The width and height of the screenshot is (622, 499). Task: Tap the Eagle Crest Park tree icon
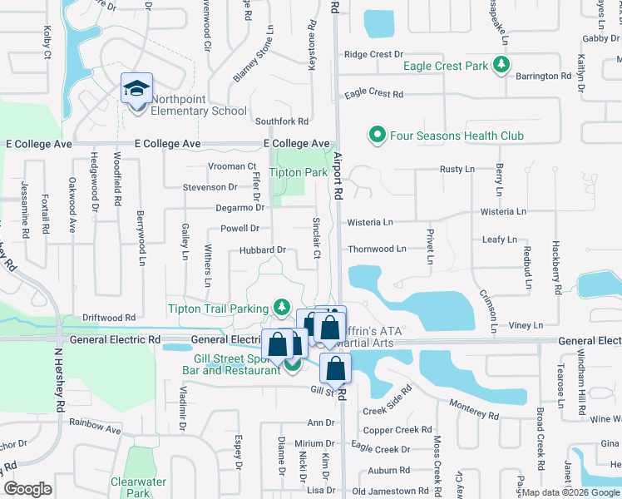pos(500,65)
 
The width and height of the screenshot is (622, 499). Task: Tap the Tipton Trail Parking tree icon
pos(283,308)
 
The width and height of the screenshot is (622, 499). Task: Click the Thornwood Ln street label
pos(377,249)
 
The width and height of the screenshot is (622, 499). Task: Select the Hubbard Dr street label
pos(263,249)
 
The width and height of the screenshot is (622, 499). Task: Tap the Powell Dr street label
pos(239,228)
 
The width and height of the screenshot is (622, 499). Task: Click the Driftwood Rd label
pos(108,318)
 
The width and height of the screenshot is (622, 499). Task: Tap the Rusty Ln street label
pos(457,170)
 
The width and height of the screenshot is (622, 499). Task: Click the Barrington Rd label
pos(542,76)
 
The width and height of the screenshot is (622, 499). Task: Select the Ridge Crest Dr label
pos(373,54)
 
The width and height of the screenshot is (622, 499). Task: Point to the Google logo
pos(28,489)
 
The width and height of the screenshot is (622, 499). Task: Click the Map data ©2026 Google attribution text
pos(570,492)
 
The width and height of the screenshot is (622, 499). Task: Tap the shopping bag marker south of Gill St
pos(335,368)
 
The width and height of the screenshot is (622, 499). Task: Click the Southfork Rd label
pos(282,121)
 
